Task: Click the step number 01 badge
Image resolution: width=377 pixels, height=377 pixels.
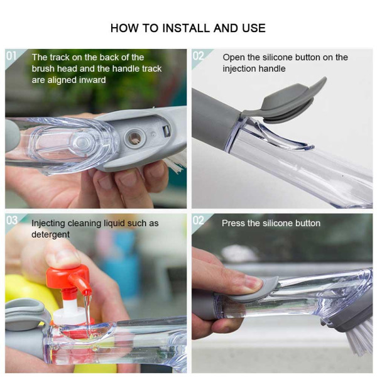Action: click(11, 56)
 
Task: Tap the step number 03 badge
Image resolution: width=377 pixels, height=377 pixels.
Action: click(11, 221)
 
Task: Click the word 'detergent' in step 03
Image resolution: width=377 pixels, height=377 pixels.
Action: click(50, 234)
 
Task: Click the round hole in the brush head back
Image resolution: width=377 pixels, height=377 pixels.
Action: click(134, 138)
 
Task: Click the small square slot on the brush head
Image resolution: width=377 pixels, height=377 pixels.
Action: click(166, 131)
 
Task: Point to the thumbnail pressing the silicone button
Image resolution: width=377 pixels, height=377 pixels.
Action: click(252, 282)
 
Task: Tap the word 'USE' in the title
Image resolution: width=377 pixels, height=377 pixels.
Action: click(254, 28)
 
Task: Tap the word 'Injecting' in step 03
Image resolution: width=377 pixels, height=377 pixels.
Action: click(48, 224)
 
